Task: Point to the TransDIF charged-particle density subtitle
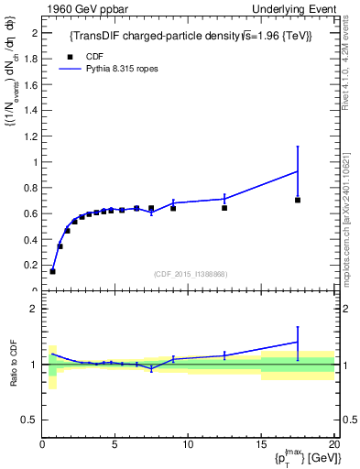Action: (x=190, y=36)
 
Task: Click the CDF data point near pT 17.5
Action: (x=298, y=200)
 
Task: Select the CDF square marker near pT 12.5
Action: (x=224, y=208)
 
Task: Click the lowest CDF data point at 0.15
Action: (x=52, y=271)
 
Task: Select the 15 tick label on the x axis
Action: (x=260, y=444)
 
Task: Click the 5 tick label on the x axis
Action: (x=115, y=444)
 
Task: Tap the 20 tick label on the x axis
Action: (x=333, y=444)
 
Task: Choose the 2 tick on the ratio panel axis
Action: (x=35, y=309)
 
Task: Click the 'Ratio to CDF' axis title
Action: (x=14, y=364)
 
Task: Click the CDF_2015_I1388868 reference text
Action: (x=190, y=274)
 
